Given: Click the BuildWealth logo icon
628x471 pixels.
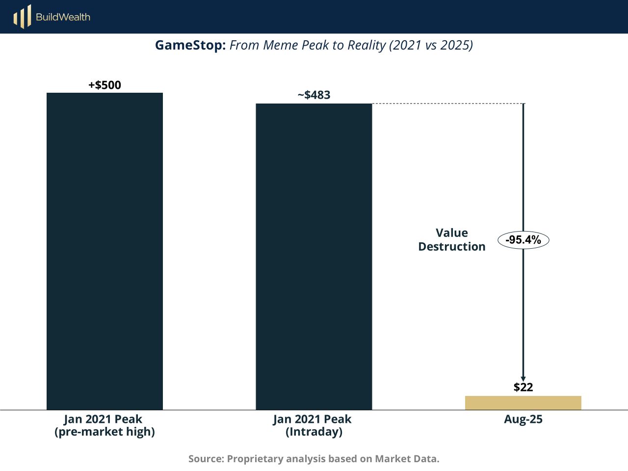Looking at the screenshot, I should pos(22,17).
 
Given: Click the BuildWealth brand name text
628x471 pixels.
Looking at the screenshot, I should pos(63,17).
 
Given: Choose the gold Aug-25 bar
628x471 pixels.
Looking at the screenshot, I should pos(523,403).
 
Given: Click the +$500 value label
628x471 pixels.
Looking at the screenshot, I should pos(105,85).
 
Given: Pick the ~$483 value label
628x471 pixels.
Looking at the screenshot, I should pos(314,95).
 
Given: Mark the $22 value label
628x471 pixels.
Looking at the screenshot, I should pos(523,387).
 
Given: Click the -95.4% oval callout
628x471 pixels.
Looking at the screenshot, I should pos(523,240).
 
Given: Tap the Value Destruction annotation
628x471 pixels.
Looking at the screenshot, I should pos(451,240).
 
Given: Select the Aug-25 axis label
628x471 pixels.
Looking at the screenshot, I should pos(523,419).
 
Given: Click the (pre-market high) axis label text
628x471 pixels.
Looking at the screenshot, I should pos(105,432).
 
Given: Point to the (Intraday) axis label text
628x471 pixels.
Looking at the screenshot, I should pos(314,432).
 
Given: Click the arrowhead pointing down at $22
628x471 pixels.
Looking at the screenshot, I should pos(523,378).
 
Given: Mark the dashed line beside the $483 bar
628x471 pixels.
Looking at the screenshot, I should pos(446,104).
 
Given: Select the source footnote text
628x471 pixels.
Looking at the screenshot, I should pos(314,459).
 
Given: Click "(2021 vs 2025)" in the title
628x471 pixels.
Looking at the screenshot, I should pos(431,45).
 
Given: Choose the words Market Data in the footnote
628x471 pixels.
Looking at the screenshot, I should pos(407,459).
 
